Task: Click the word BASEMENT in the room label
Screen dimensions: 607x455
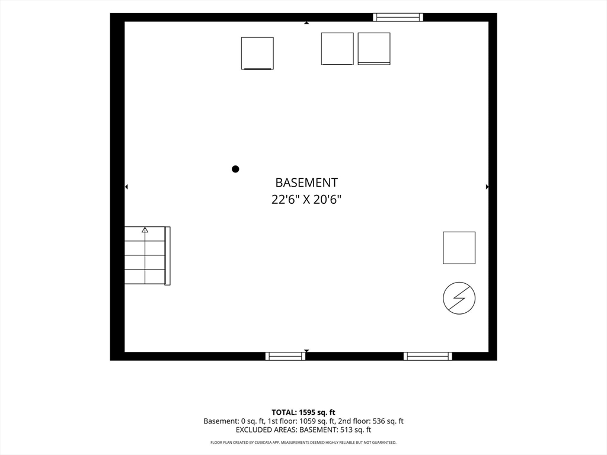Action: [306, 182]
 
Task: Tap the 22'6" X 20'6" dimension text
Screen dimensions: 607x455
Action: [306, 200]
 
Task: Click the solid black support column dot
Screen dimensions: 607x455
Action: [235, 169]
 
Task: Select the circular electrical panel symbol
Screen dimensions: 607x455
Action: [459, 298]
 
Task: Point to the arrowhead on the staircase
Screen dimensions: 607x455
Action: [145, 230]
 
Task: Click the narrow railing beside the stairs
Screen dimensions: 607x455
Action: [168, 256]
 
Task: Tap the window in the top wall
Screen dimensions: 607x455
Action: [398, 17]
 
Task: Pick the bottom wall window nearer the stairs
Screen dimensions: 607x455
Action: [285, 356]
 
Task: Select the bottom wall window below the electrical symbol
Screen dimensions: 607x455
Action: [428, 356]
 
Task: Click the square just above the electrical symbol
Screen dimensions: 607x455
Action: [459, 248]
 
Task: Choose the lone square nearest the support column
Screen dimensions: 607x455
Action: [257, 53]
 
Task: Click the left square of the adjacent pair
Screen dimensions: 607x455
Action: [337, 49]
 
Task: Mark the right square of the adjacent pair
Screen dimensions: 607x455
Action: [374, 49]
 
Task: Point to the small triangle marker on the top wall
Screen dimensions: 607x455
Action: [306, 23]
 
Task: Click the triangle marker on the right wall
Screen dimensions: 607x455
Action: [487, 187]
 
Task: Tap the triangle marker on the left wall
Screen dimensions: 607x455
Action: [126, 187]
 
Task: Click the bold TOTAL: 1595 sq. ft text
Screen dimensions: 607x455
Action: [303, 412]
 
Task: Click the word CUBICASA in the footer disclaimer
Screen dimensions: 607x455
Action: [263, 442]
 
